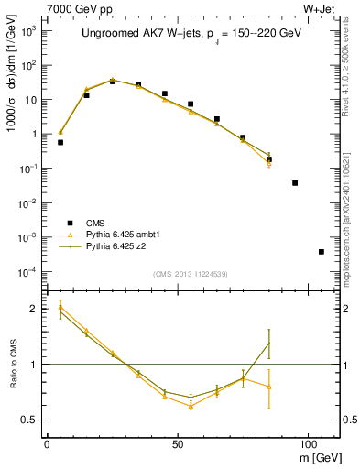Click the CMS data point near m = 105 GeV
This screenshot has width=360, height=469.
coord(322,252)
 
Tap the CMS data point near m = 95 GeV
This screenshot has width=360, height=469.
coord(295,183)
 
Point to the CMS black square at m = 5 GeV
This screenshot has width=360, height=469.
coord(60,142)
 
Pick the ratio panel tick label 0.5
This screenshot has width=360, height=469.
coord(29,420)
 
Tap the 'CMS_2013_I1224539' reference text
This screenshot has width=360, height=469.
coord(191,273)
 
